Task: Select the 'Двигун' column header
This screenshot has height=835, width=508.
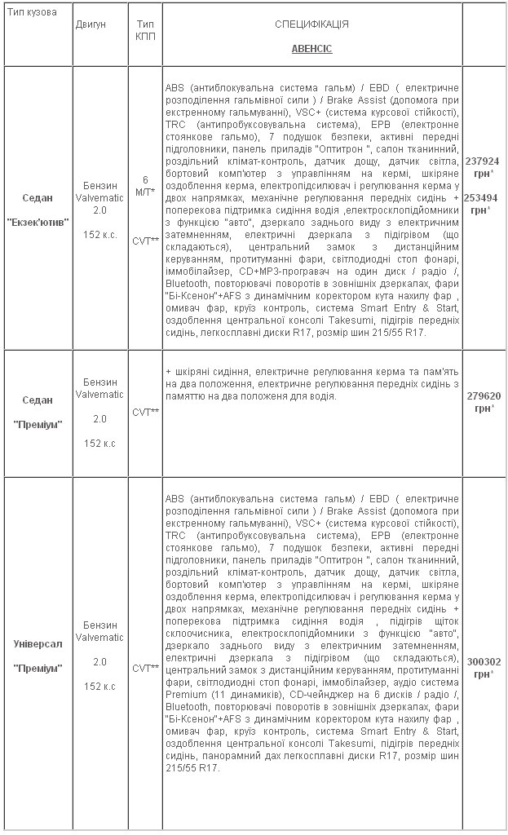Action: pos(91,24)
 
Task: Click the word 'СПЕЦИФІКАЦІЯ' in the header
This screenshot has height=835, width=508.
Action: pos(311,24)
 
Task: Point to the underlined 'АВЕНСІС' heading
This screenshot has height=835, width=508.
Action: pos(311,49)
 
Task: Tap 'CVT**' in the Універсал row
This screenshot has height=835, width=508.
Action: pos(145,668)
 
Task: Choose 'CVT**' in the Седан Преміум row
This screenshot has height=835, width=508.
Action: pos(145,412)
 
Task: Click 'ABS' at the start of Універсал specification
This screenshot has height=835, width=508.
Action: pos(174,497)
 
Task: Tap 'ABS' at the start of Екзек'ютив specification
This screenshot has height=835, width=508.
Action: pos(174,87)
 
